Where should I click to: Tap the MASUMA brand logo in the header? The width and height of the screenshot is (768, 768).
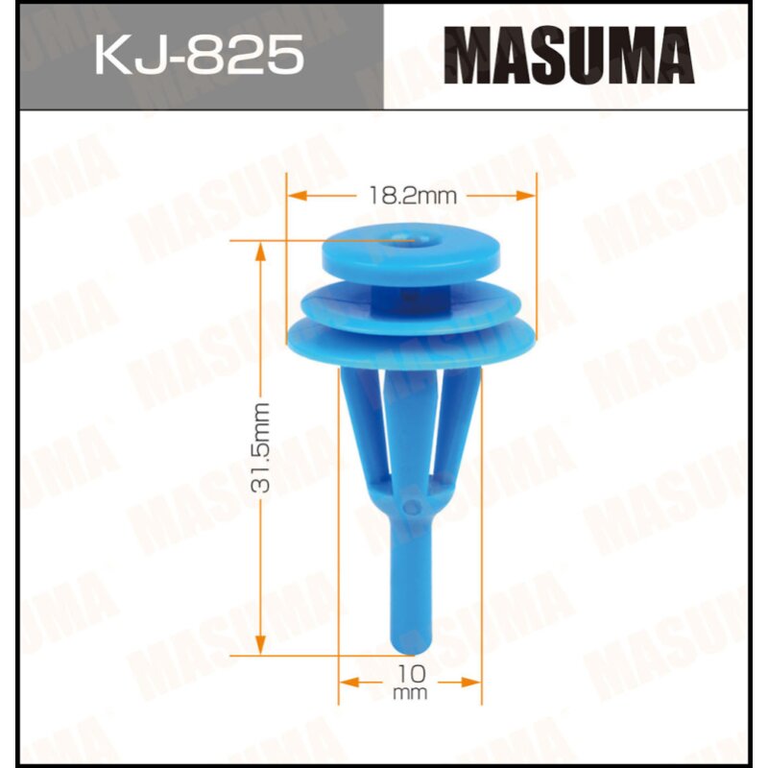tap(574, 56)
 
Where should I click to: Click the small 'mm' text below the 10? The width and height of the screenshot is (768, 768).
tap(410, 693)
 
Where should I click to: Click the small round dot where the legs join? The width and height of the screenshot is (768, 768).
tap(412, 505)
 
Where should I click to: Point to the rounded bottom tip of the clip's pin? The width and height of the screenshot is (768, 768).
tap(407, 644)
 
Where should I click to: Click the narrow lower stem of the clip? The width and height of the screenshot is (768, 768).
tap(407, 586)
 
